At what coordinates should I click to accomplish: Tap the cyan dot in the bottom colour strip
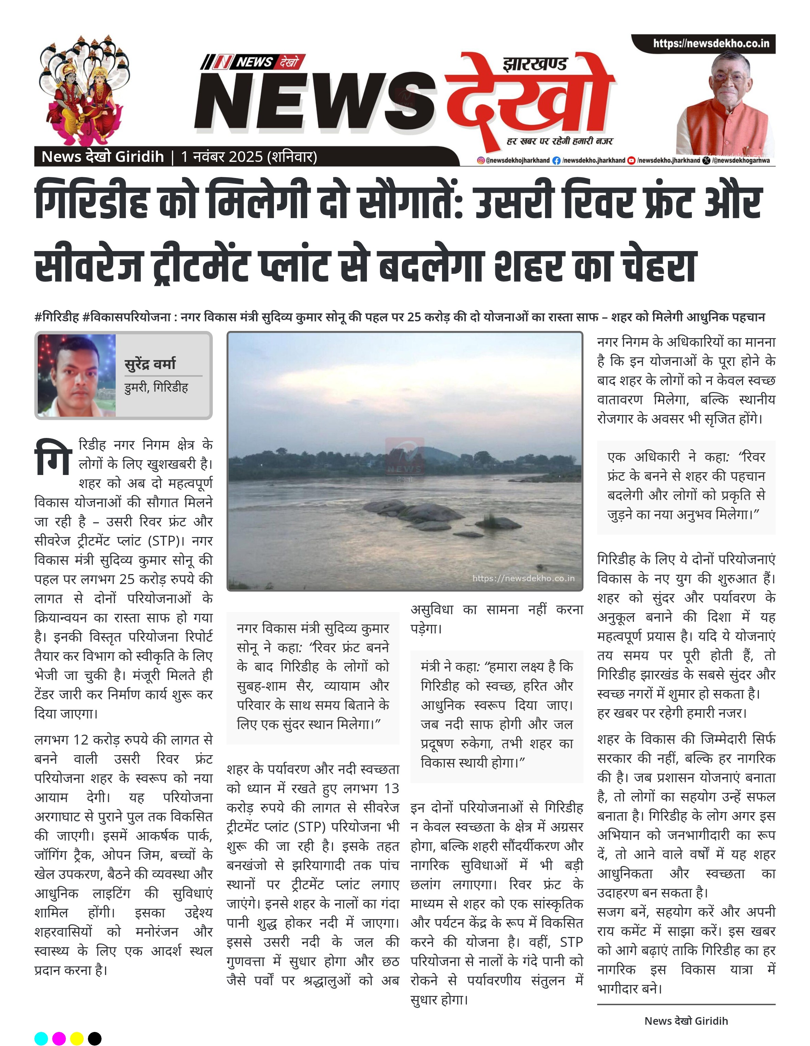tap(41, 1038)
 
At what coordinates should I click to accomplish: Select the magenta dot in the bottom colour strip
tap(59, 1038)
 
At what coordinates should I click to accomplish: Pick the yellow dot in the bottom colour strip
tap(77, 1038)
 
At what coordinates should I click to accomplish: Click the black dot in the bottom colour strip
tap(95, 1038)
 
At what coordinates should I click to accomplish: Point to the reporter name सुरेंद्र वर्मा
tap(150, 364)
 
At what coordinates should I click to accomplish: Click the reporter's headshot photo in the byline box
tap(77, 376)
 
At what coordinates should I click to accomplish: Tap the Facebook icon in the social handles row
tap(556, 161)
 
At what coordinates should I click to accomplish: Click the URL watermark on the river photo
tap(523, 578)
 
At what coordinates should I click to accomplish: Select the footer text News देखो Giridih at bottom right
tap(686, 1021)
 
